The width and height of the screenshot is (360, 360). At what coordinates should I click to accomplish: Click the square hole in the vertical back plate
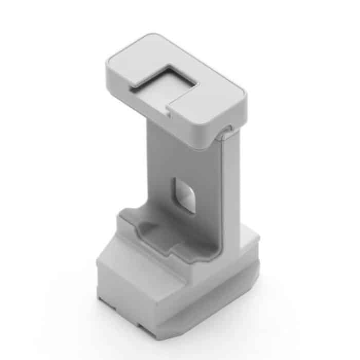tap(184, 195)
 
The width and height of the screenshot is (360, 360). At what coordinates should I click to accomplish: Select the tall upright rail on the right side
tap(231, 195)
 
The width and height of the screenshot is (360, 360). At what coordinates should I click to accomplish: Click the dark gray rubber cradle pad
tap(165, 231)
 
